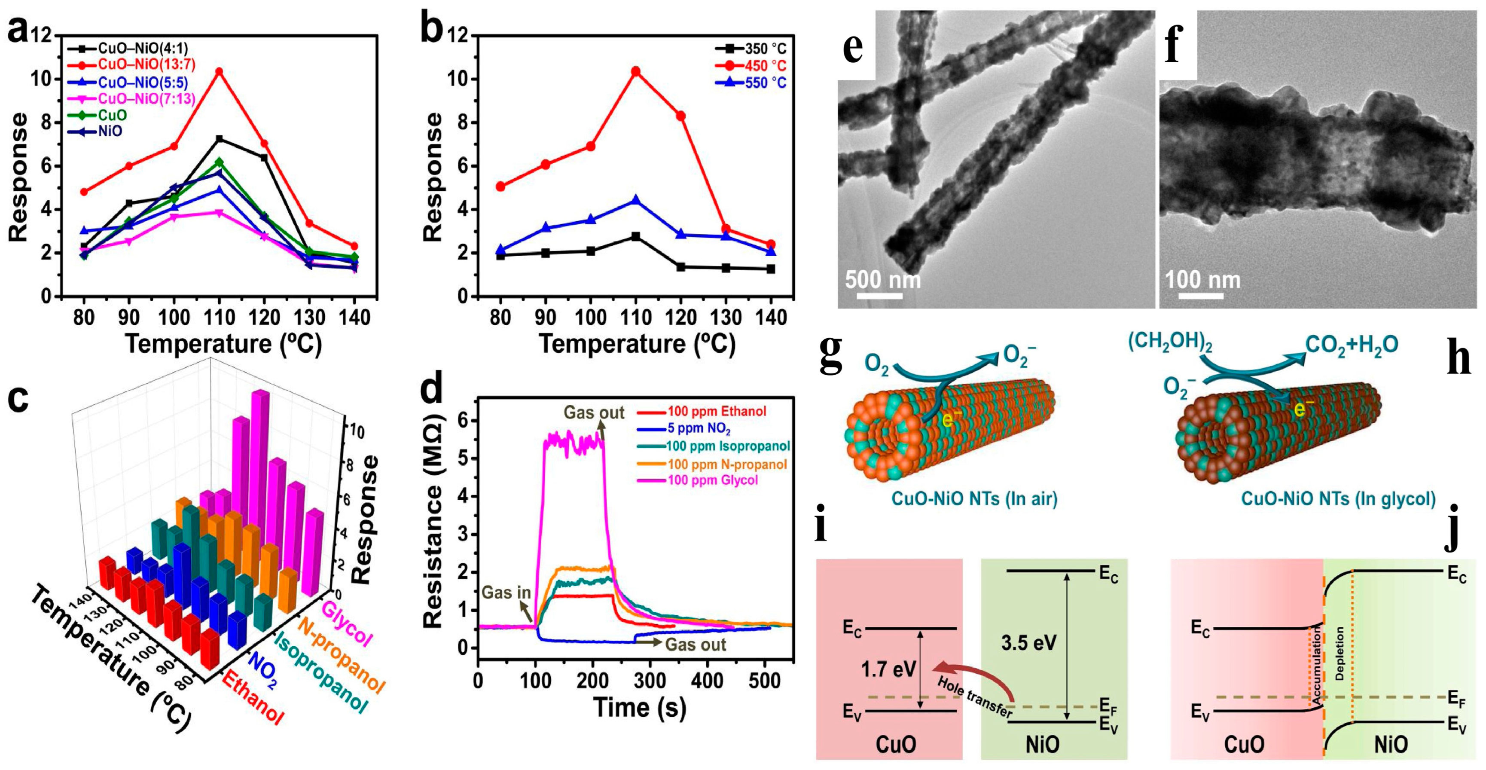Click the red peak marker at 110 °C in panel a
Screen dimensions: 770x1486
[x=219, y=71]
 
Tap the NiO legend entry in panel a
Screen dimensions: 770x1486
[x=110, y=131]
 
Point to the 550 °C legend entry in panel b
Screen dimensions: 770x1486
[x=764, y=83]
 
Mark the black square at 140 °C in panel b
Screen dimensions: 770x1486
[x=771, y=269]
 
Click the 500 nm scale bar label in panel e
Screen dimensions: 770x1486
[x=882, y=280]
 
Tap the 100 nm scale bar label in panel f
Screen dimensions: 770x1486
[x=1203, y=280]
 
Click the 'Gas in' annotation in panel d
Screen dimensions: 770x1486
[x=506, y=593]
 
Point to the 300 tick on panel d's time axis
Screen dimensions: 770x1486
[x=650, y=681]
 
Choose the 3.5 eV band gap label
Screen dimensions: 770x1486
[x=1028, y=642]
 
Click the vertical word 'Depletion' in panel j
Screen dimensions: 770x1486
[x=1340, y=654]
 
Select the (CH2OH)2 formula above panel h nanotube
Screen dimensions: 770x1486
[x=1170, y=344]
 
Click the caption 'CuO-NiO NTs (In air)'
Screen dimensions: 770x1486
[x=975, y=498]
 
